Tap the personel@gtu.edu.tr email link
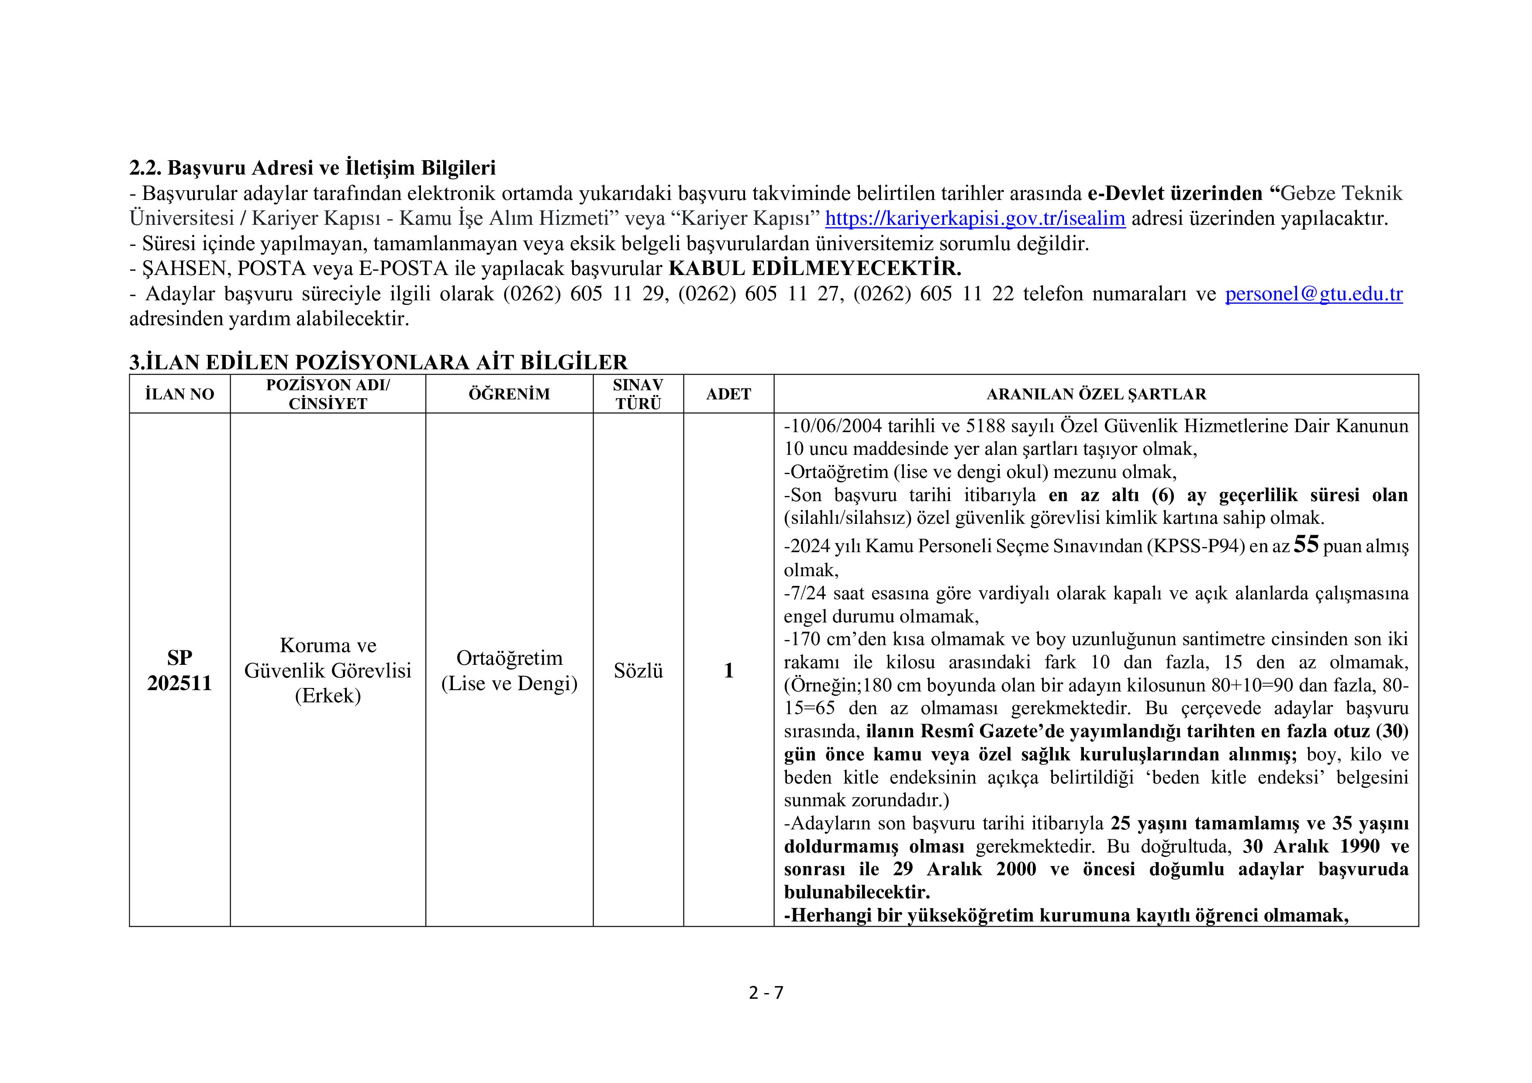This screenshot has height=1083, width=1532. pyautogui.click(x=1313, y=294)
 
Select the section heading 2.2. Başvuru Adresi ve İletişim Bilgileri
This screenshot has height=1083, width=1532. pyautogui.click(x=312, y=168)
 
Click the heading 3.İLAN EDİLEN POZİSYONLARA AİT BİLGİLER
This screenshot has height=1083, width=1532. pyautogui.click(x=378, y=362)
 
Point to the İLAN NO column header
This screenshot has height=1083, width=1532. pyautogui.click(x=179, y=394)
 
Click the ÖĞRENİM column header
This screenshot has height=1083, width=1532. pyautogui.click(x=509, y=394)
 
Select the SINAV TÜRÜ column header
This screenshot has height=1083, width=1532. pyautogui.click(x=638, y=394)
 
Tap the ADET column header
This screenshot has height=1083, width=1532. pyautogui.click(x=728, y=394)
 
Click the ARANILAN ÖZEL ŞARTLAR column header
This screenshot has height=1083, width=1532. pyautogui.click(x=1096, y=394)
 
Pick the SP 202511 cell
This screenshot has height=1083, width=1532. pyautogui.click(x=179, y=670)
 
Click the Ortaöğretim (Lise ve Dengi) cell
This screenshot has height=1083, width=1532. pyautogui.click(x=509, y=670)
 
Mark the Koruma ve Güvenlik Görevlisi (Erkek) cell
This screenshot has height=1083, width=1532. pyautogui.click(x=328, y=670)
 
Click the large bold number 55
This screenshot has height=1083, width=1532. pyautogui.click(x=1306, y=545)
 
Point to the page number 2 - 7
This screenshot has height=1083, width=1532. pyautogui.click(x=766, y=993)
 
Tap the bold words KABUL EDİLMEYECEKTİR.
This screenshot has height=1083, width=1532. pyautogui.click(x=815, y=269)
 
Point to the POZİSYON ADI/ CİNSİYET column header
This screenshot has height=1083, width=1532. pyautogui.click(x=328, y=394)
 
